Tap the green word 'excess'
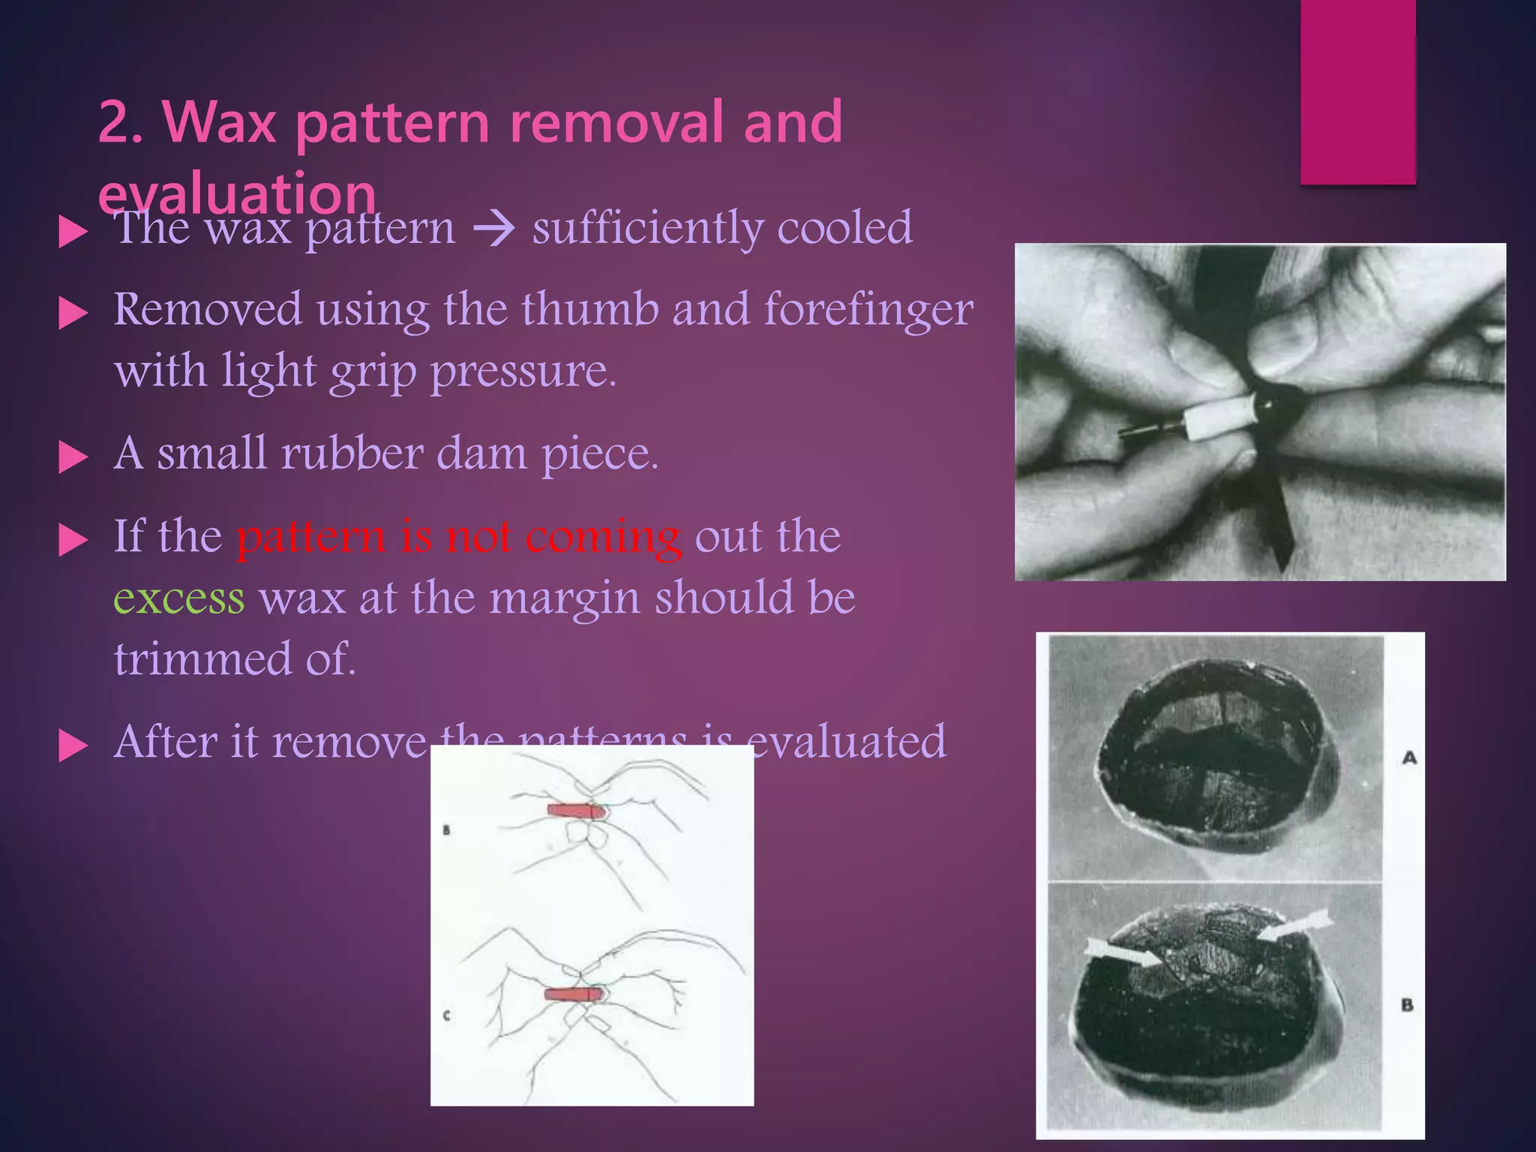[179, 598]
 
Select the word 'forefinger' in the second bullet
[868, 310]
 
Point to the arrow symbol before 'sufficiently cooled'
[494, 229]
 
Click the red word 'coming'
[603, 537]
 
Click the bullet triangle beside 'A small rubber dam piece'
[73, 456]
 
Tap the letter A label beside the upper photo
[1409, 758]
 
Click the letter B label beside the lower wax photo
[1407, 1004]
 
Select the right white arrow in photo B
[1294, 925]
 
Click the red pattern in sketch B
[574, 811]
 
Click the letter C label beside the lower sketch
[447, 1015]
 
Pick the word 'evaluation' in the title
[237, 193]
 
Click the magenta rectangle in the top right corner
[1357, 91]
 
